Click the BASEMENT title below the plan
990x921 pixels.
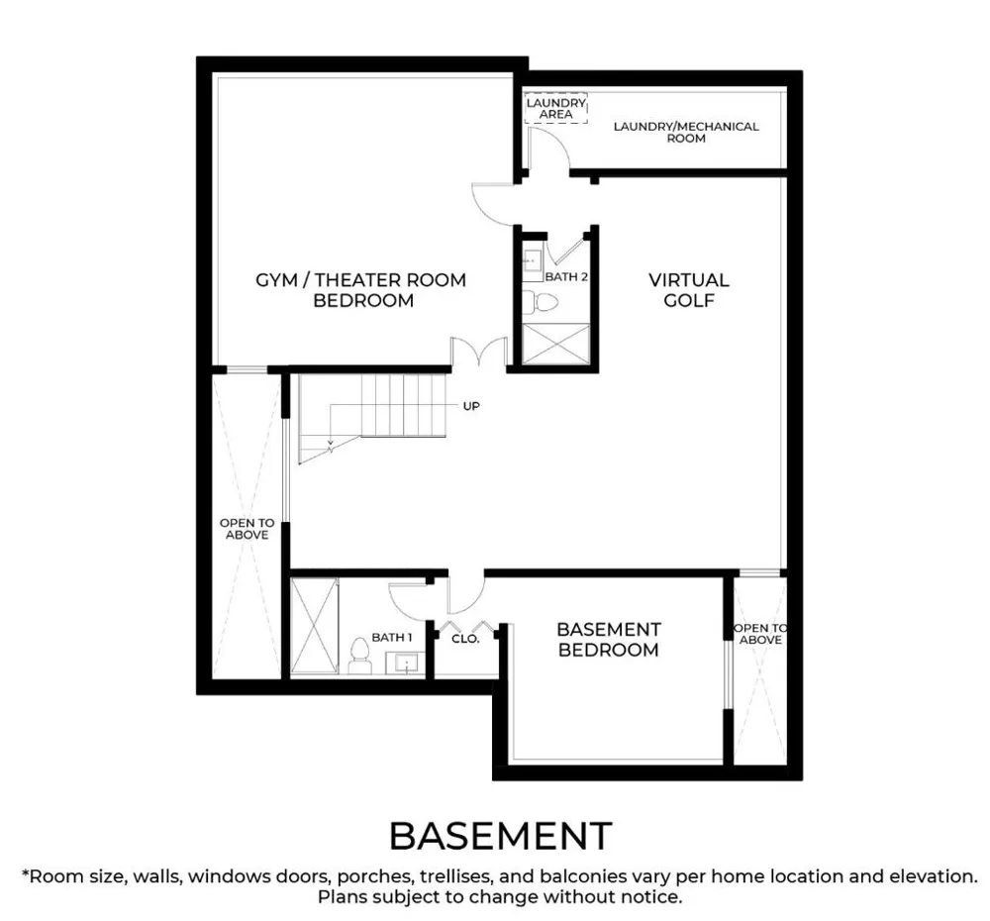click(500, 836)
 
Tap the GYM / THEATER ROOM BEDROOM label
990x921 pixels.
click(361, 290)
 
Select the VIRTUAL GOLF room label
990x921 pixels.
click(689, 290)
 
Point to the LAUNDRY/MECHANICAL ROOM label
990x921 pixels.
click(686, 132)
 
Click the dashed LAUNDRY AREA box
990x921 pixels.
click(556, 108)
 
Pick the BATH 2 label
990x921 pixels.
click(566, 276)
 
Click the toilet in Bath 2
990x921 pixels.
click(541, 302)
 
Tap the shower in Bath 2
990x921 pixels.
click(556, 345)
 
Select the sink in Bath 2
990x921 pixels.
click(533, 259)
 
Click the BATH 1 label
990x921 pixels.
click(391, 638)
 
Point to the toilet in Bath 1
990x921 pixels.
click(360, 656)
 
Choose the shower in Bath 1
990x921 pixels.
click(315, 626)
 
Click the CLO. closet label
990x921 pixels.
click(466, 639)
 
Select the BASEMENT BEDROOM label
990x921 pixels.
click(609, 640)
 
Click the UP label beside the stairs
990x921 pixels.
click(471, 406)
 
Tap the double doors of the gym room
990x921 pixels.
click(479, 352)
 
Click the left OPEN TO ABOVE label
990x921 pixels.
click(247, 529)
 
